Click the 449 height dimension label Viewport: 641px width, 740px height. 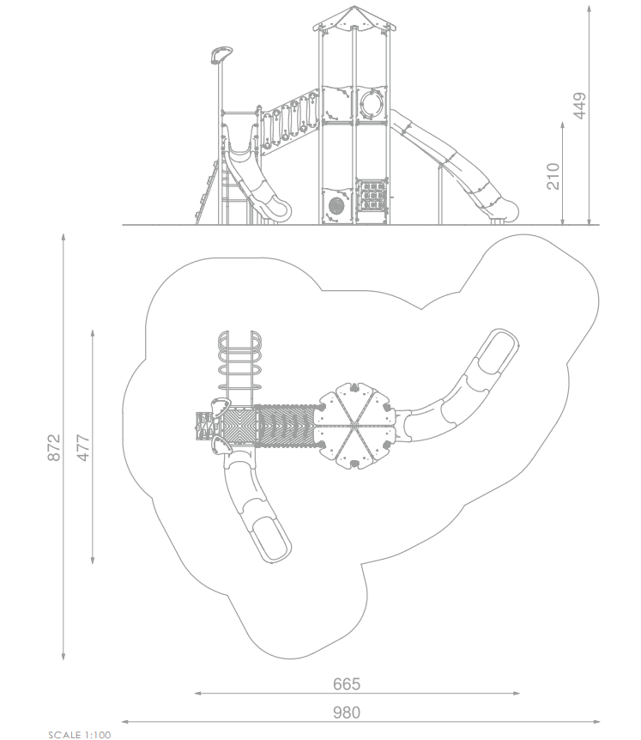[580, 106]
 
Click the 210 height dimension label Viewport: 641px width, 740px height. [553, 176]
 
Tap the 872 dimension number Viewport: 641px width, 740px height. [54, 447]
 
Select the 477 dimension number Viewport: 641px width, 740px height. [82, 447]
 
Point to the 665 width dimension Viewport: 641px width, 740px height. [347, 684]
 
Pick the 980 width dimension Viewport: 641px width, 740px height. [347, 713]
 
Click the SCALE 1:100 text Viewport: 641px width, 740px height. [80, 735]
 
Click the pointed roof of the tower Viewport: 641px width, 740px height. [354, 18]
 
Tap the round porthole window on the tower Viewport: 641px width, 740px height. [372, 104]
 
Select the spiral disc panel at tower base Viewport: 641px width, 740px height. [336, 206]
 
